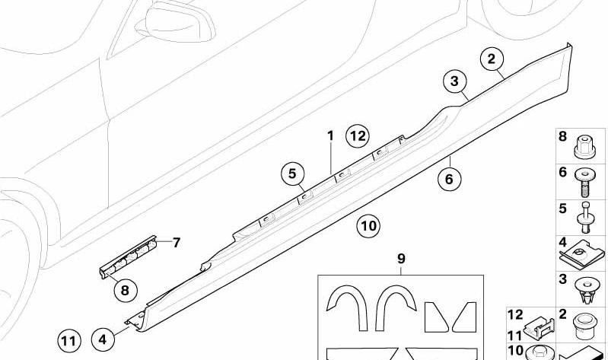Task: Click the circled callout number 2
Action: tap(492, 59)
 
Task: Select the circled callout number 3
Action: tap(454, 81)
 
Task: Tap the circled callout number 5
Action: tap(292, 174)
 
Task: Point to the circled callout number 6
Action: tap(449, 179)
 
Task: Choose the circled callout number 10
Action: tap(368, 225)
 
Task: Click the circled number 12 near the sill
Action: tap(358, 136)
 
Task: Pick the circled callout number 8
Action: tap(125, 290)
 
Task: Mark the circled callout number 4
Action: tap(103, 339)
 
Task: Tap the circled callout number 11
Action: tap(69, 342)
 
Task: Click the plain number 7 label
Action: tap(177, 243)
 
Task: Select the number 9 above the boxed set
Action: tap(401, 258)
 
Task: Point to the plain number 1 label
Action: tap(330, 135)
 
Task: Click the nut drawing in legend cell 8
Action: tap(584, 147)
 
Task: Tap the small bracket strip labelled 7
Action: tap(129, 256)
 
